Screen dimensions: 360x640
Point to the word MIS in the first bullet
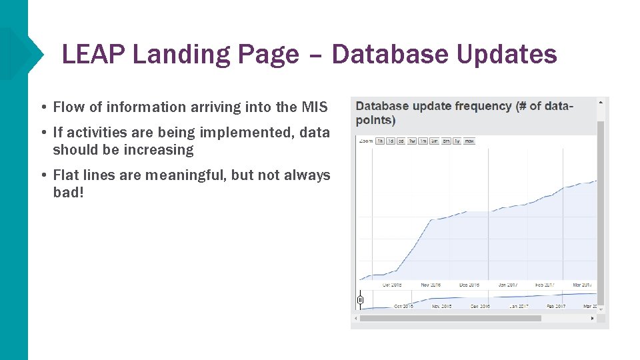[315, 107]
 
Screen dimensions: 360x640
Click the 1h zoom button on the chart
[379, 141]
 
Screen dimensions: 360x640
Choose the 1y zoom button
[457, 141]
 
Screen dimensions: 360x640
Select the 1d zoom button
[390, 141]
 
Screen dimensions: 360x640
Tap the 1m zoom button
[423, 141]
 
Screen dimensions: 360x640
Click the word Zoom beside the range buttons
[366, 141]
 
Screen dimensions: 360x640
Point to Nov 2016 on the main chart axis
[431, 285]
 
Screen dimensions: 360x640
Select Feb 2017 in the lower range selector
[556, 306]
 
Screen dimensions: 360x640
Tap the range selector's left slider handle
[360, 300]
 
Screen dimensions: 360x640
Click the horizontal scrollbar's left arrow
[355, 319]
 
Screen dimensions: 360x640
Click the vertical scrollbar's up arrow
[601, 102]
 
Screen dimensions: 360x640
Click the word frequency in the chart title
[481, 106]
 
